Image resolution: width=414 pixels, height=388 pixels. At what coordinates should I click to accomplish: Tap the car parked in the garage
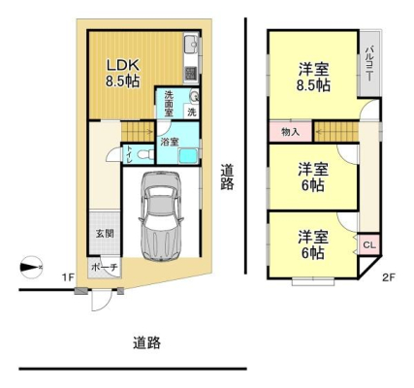click(161, 215)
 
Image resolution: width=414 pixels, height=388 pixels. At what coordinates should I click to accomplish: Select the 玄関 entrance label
click(105, 234)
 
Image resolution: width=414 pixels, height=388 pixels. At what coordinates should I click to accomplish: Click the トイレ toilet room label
click(129, 155)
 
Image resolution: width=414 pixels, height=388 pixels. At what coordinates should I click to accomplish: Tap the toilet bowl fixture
click(145, 154)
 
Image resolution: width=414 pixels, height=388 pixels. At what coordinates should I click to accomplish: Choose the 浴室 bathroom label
click(170, 142)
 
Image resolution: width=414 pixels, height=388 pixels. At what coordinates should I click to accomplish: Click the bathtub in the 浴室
click(188, 156)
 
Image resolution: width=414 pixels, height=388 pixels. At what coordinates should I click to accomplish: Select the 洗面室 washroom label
click(169, 104)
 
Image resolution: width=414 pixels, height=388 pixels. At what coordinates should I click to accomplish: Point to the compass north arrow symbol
click(31, 267)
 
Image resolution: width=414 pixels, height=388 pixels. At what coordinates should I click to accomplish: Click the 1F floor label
click(69, 276)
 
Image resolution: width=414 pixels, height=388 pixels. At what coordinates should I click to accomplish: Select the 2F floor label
click(389, 277)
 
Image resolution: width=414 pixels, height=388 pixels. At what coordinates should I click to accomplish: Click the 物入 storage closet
click(291, 132)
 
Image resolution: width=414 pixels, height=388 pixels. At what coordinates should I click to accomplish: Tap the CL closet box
click(369, 244)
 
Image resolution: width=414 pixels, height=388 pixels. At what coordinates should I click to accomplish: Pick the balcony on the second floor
click(369, 64)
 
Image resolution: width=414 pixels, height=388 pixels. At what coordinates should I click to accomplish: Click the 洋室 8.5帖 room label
click(313, 78)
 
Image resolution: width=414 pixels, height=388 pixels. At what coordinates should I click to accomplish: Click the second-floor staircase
click(336, 132)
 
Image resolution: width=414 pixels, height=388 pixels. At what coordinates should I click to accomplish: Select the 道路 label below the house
click(147, 342)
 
